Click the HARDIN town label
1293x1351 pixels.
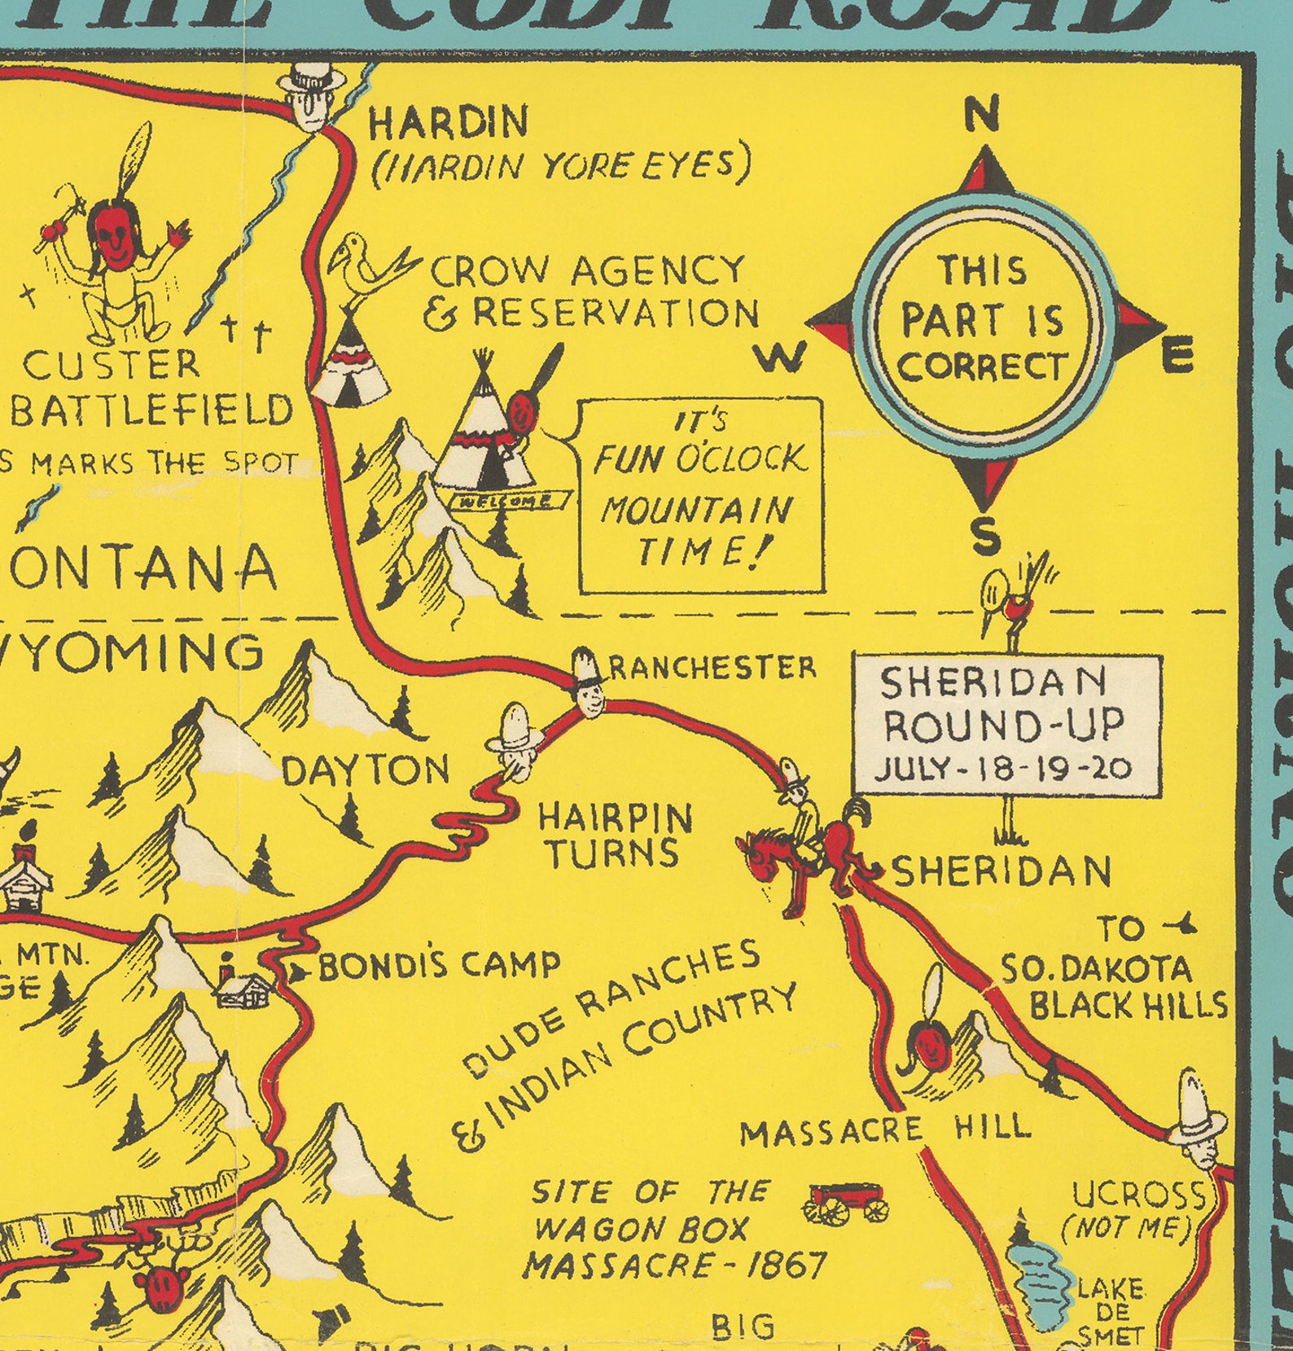point(448,123)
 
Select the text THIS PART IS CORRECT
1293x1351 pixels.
point(983,318)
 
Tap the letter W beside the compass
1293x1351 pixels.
point(781,357)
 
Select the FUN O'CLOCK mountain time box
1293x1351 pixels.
point(700,494)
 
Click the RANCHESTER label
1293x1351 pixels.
point(712,668)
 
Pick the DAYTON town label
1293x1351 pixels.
point(366,770)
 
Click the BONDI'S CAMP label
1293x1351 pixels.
point(438,967)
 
